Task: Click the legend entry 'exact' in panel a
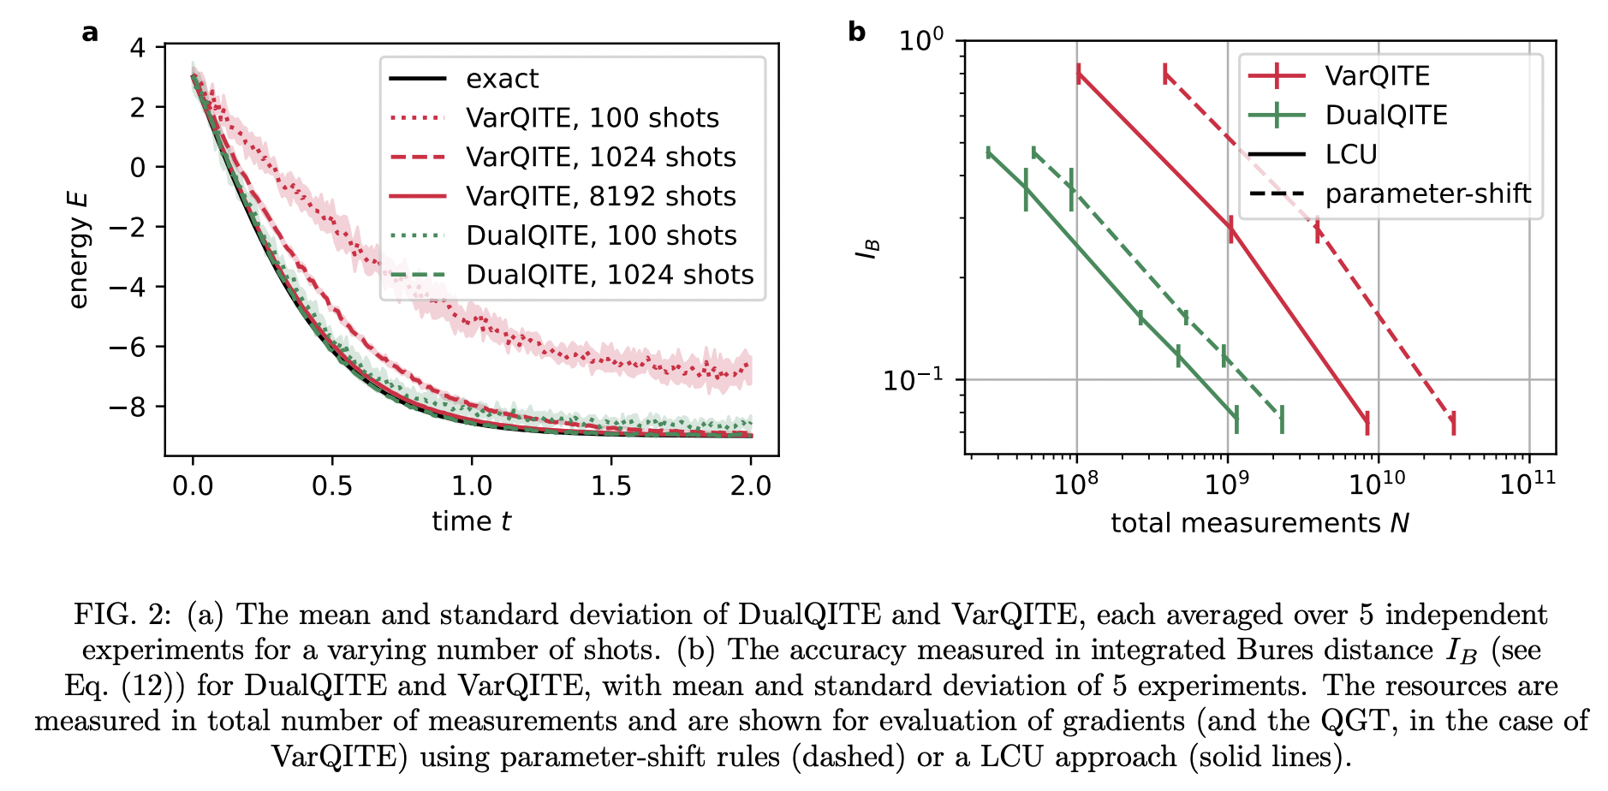(502, 79)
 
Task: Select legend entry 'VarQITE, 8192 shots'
(600, 196)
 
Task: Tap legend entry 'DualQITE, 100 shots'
(600, 235)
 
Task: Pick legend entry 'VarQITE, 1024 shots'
(600, 158)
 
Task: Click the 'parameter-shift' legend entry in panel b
(1427, 193)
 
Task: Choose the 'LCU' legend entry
(1350, 154)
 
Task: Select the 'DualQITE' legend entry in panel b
(1385, 115)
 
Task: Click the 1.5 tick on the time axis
(611, 485)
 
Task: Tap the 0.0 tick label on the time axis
(193, 485)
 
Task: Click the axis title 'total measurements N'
(1260, 523)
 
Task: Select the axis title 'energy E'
(78, 249)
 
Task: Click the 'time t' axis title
(471, 521)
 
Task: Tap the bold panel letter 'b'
(856, 33)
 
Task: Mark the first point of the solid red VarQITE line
(1078, 74)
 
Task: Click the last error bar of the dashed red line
(1453, 423)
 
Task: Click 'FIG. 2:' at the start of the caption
(122, 615)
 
